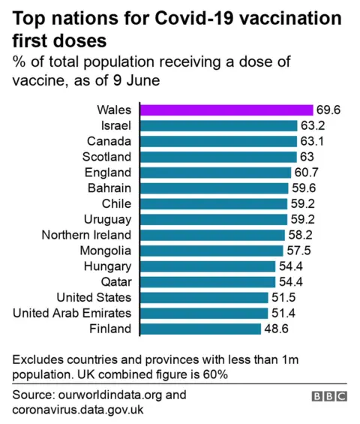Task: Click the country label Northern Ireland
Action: click(x=88, y=235)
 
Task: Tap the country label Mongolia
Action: click(x=106, y=251)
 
